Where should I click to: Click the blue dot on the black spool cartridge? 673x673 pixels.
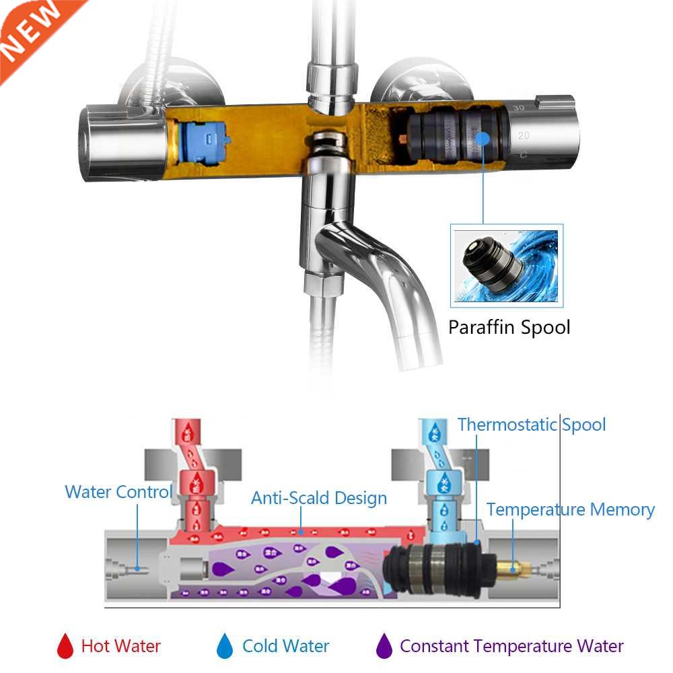coord(483,139)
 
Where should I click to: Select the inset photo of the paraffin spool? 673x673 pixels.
coord(506,264)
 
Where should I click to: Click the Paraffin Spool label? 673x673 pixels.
coord(509,328)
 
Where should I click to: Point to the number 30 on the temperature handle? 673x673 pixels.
coord(518,108)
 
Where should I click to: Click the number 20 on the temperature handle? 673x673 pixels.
coord(524,135)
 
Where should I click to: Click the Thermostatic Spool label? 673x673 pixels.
coord(532,425)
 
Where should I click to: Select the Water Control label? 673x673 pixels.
coord(118,492)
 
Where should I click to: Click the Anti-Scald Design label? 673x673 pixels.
coord(319,498)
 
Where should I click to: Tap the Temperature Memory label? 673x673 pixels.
coord(571,509)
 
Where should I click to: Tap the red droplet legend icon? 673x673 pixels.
coord(65,646)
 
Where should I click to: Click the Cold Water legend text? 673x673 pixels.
coord(285,647)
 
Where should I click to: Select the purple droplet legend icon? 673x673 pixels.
coord(384,646)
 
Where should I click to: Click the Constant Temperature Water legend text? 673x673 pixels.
coord(511,647)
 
